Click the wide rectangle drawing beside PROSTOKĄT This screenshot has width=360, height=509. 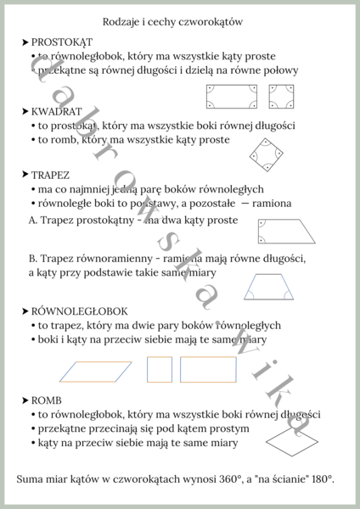click(x=233, y=98)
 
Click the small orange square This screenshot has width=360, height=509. click(x=160, y=369)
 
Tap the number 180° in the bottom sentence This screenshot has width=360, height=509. click(x=319, y=479)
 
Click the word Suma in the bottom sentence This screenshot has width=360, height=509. click(x=31, y=479)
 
